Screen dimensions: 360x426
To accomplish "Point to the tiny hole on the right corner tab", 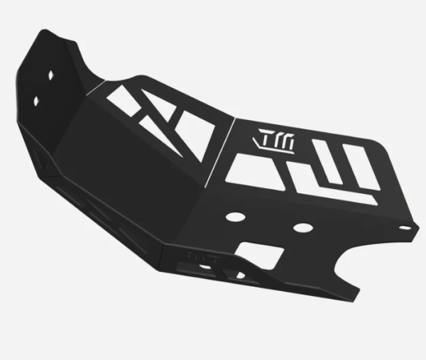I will pyautogui.click(x=406, y=228).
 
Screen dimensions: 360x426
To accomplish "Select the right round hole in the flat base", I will pyautogui.click(x=303, y=229).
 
